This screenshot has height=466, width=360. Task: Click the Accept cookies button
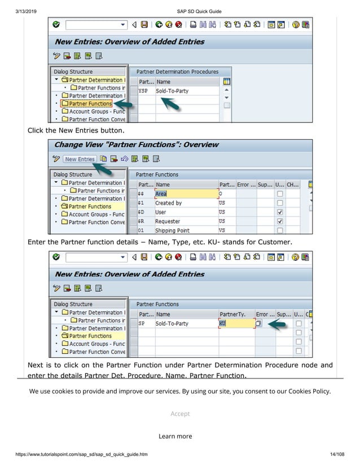[180, 414]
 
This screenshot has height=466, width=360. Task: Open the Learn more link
[175, 436]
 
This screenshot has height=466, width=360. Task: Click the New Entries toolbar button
[79, 159]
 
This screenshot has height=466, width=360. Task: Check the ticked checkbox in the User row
[280, 212]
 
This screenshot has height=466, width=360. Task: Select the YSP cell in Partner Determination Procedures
[143, 90]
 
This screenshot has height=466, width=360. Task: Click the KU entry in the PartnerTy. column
[222, 324]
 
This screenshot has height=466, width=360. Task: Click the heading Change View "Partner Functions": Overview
[136, 144]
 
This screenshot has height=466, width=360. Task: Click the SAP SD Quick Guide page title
[199, 11]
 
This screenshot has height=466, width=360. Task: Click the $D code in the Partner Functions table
[141, 212]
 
